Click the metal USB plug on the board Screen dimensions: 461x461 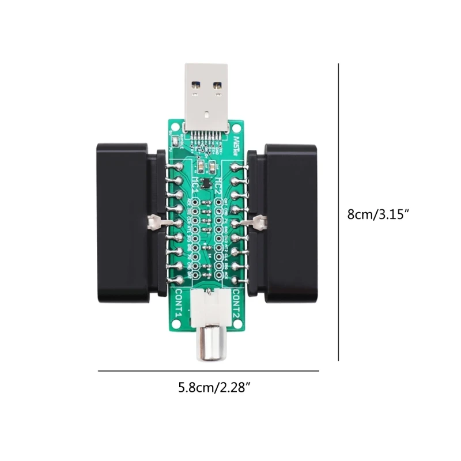tap(208, 92)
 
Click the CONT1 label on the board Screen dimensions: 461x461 tap(178, 305)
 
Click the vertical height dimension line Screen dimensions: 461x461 tap(338, 213)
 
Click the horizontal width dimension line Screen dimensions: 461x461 tap(208, 371)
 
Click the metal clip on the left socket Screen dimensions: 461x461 tap(154, 221)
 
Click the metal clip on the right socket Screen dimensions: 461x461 tap(260, 221)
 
